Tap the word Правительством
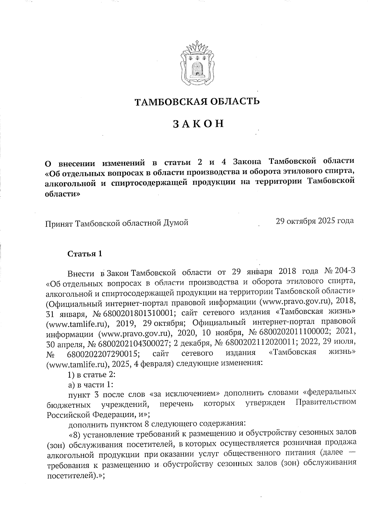(326, 402)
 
